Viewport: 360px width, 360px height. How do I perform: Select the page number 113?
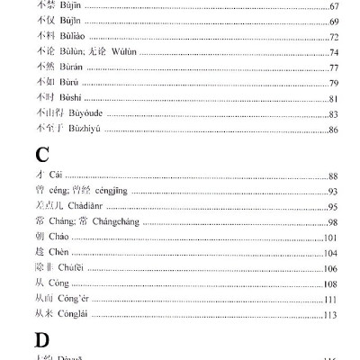click(330, 315)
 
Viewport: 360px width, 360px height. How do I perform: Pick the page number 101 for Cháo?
click(330, 238)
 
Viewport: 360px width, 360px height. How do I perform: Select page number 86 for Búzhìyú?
click(333, 130)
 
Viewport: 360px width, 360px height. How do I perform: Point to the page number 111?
click(330, 300)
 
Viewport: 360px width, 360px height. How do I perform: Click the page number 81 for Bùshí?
click(333, 99)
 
